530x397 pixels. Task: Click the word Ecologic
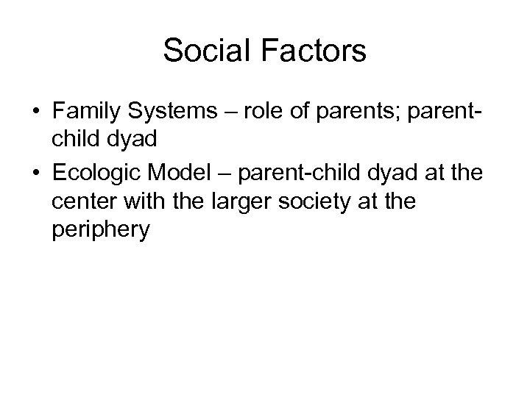coord(95,174)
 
